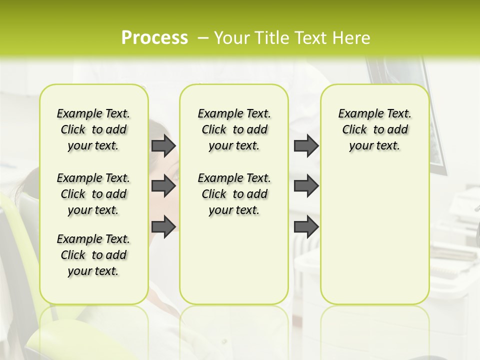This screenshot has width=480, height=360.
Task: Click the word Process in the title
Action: [x=154, y=38]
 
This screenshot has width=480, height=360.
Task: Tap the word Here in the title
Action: [x=350, y=38]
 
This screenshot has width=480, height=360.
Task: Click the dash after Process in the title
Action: [x=203, y=38]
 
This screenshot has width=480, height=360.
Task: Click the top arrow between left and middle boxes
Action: [x=163, y=146]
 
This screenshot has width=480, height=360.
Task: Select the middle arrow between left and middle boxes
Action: [x=163, y=186]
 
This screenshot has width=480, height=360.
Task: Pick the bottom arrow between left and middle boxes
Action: [x=163, y=227]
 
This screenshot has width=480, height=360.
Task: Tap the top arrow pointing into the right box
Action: [x=306, y=146]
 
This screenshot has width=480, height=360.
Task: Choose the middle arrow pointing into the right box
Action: [x=306, y=186]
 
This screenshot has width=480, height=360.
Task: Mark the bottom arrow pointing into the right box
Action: [x=306, y=227]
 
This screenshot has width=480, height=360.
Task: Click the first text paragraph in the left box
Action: [x=93, y=129]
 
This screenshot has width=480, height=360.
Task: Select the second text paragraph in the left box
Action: [x=93, y=194]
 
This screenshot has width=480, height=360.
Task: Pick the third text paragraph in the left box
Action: [x=93, y=255]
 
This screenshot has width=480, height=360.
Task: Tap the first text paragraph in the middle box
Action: [x=234, y=129]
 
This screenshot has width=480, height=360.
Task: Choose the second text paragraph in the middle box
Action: [x=234, y=194]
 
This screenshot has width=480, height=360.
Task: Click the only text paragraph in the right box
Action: [x=374, y=129]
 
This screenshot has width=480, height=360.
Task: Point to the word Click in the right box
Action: [x=354, y=130]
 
